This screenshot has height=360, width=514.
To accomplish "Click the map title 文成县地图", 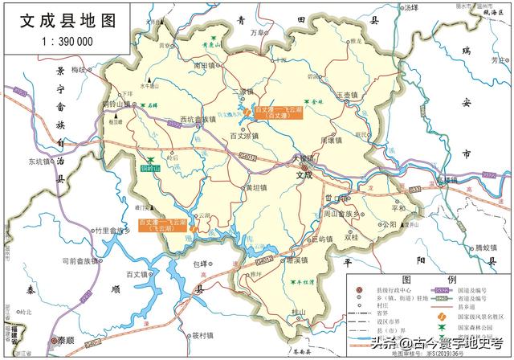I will [69, 18].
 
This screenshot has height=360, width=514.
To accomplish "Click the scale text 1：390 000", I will [65, 41].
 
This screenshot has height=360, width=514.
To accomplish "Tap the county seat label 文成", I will [303, 174].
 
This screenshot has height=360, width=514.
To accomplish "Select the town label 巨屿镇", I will [319, 239].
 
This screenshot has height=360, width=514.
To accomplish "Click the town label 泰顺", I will [67, 340].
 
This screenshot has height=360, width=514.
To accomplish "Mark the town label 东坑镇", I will [39, 161].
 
